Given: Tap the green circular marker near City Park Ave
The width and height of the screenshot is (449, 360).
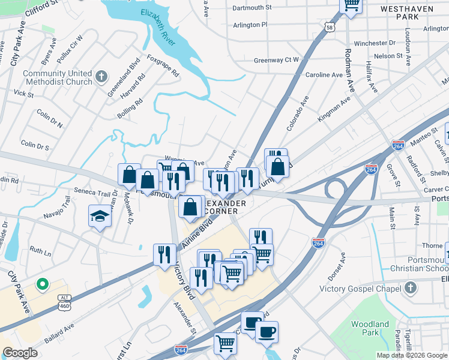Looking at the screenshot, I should tap(42, 284).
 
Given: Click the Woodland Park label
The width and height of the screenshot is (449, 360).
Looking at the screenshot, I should tap(370, 328).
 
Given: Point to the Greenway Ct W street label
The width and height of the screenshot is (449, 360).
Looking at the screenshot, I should tap(276, 60).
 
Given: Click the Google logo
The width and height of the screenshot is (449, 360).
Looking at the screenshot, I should tap(20, 353).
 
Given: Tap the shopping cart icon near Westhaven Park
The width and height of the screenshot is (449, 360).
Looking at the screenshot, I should tap(351, 4).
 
